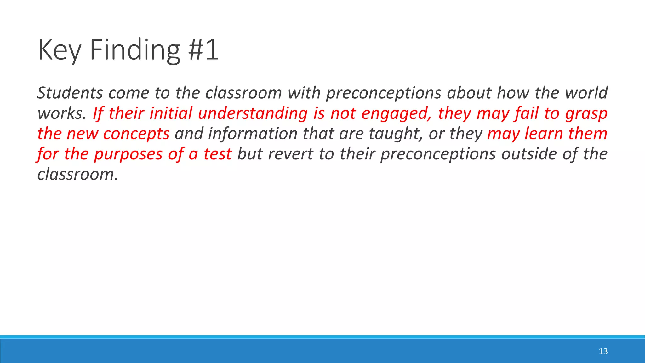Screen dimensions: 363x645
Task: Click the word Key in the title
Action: (60, 50)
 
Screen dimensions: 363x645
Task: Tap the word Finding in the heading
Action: (135, 50)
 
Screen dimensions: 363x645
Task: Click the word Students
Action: (70, 93)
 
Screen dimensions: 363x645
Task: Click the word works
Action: (61, 113)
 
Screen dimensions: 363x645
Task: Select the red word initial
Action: (171, 113)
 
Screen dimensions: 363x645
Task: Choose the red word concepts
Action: (136, 134)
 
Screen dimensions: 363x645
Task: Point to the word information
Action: (253, 134)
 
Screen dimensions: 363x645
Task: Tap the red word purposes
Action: (128, 155)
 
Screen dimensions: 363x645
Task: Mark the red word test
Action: (218, 154)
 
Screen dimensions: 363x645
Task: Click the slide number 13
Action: (603, 351)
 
